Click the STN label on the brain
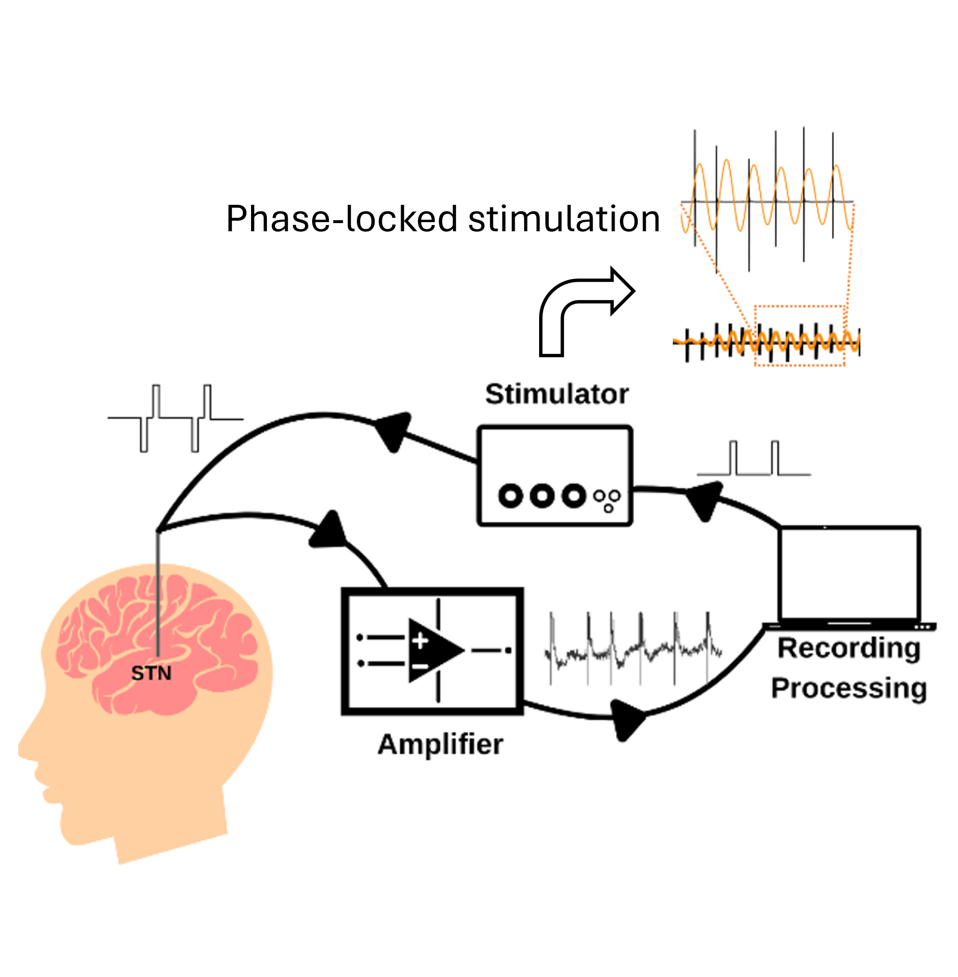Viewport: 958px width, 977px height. (151, 673)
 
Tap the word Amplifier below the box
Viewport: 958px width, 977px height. (440, 745)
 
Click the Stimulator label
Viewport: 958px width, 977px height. (556, 394)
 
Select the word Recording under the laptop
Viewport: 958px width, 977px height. (849, 649)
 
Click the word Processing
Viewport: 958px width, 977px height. (849, 688)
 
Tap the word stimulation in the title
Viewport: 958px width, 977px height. (564, 219)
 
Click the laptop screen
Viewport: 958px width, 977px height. (849, 573)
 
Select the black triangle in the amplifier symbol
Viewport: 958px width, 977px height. (433, 650)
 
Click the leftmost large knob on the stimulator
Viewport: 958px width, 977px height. (511, 496)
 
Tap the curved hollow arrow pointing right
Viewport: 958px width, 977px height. (579, 307)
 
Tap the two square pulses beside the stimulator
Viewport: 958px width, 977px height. (753, 459)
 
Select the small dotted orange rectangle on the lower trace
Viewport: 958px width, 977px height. (799, 335)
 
